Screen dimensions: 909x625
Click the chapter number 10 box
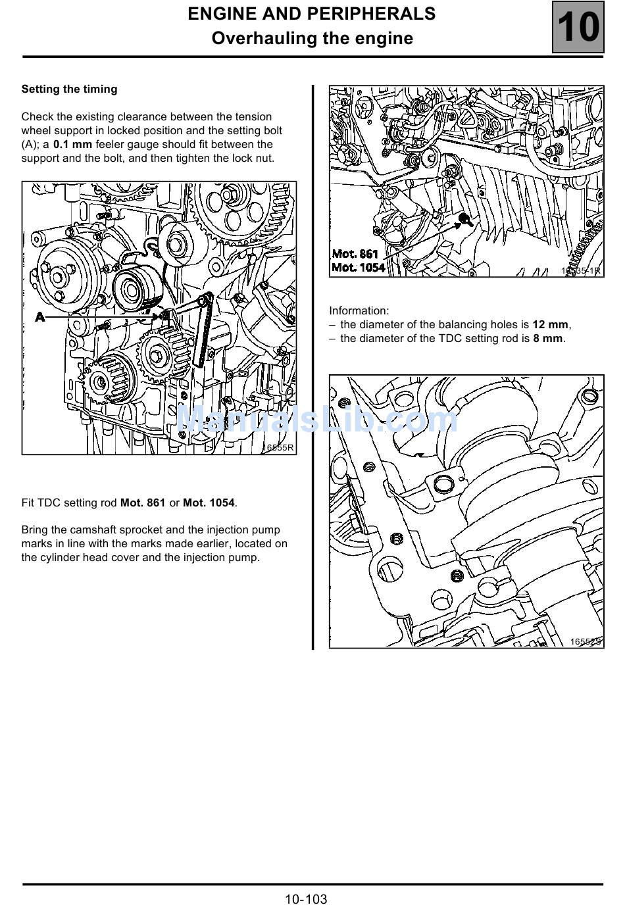(578, 28)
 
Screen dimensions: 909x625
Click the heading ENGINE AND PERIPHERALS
(312, 14)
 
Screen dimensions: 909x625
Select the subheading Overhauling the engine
(312, 39)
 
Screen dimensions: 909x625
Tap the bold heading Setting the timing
(69, 89)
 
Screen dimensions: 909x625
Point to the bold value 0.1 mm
(72, 145)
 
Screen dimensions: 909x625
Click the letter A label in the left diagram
(40, 317)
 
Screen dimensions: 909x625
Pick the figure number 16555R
(278, 448)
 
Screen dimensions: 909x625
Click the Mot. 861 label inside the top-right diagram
(355, 254)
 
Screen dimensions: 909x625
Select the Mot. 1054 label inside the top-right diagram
(359, 267)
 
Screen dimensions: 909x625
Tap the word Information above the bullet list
(359, 311)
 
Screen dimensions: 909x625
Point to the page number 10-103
(306, 899)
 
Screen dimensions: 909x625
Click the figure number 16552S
(586, 641)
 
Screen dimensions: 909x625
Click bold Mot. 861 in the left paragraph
(143, 503)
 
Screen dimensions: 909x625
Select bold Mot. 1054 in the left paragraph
(209, 503)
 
